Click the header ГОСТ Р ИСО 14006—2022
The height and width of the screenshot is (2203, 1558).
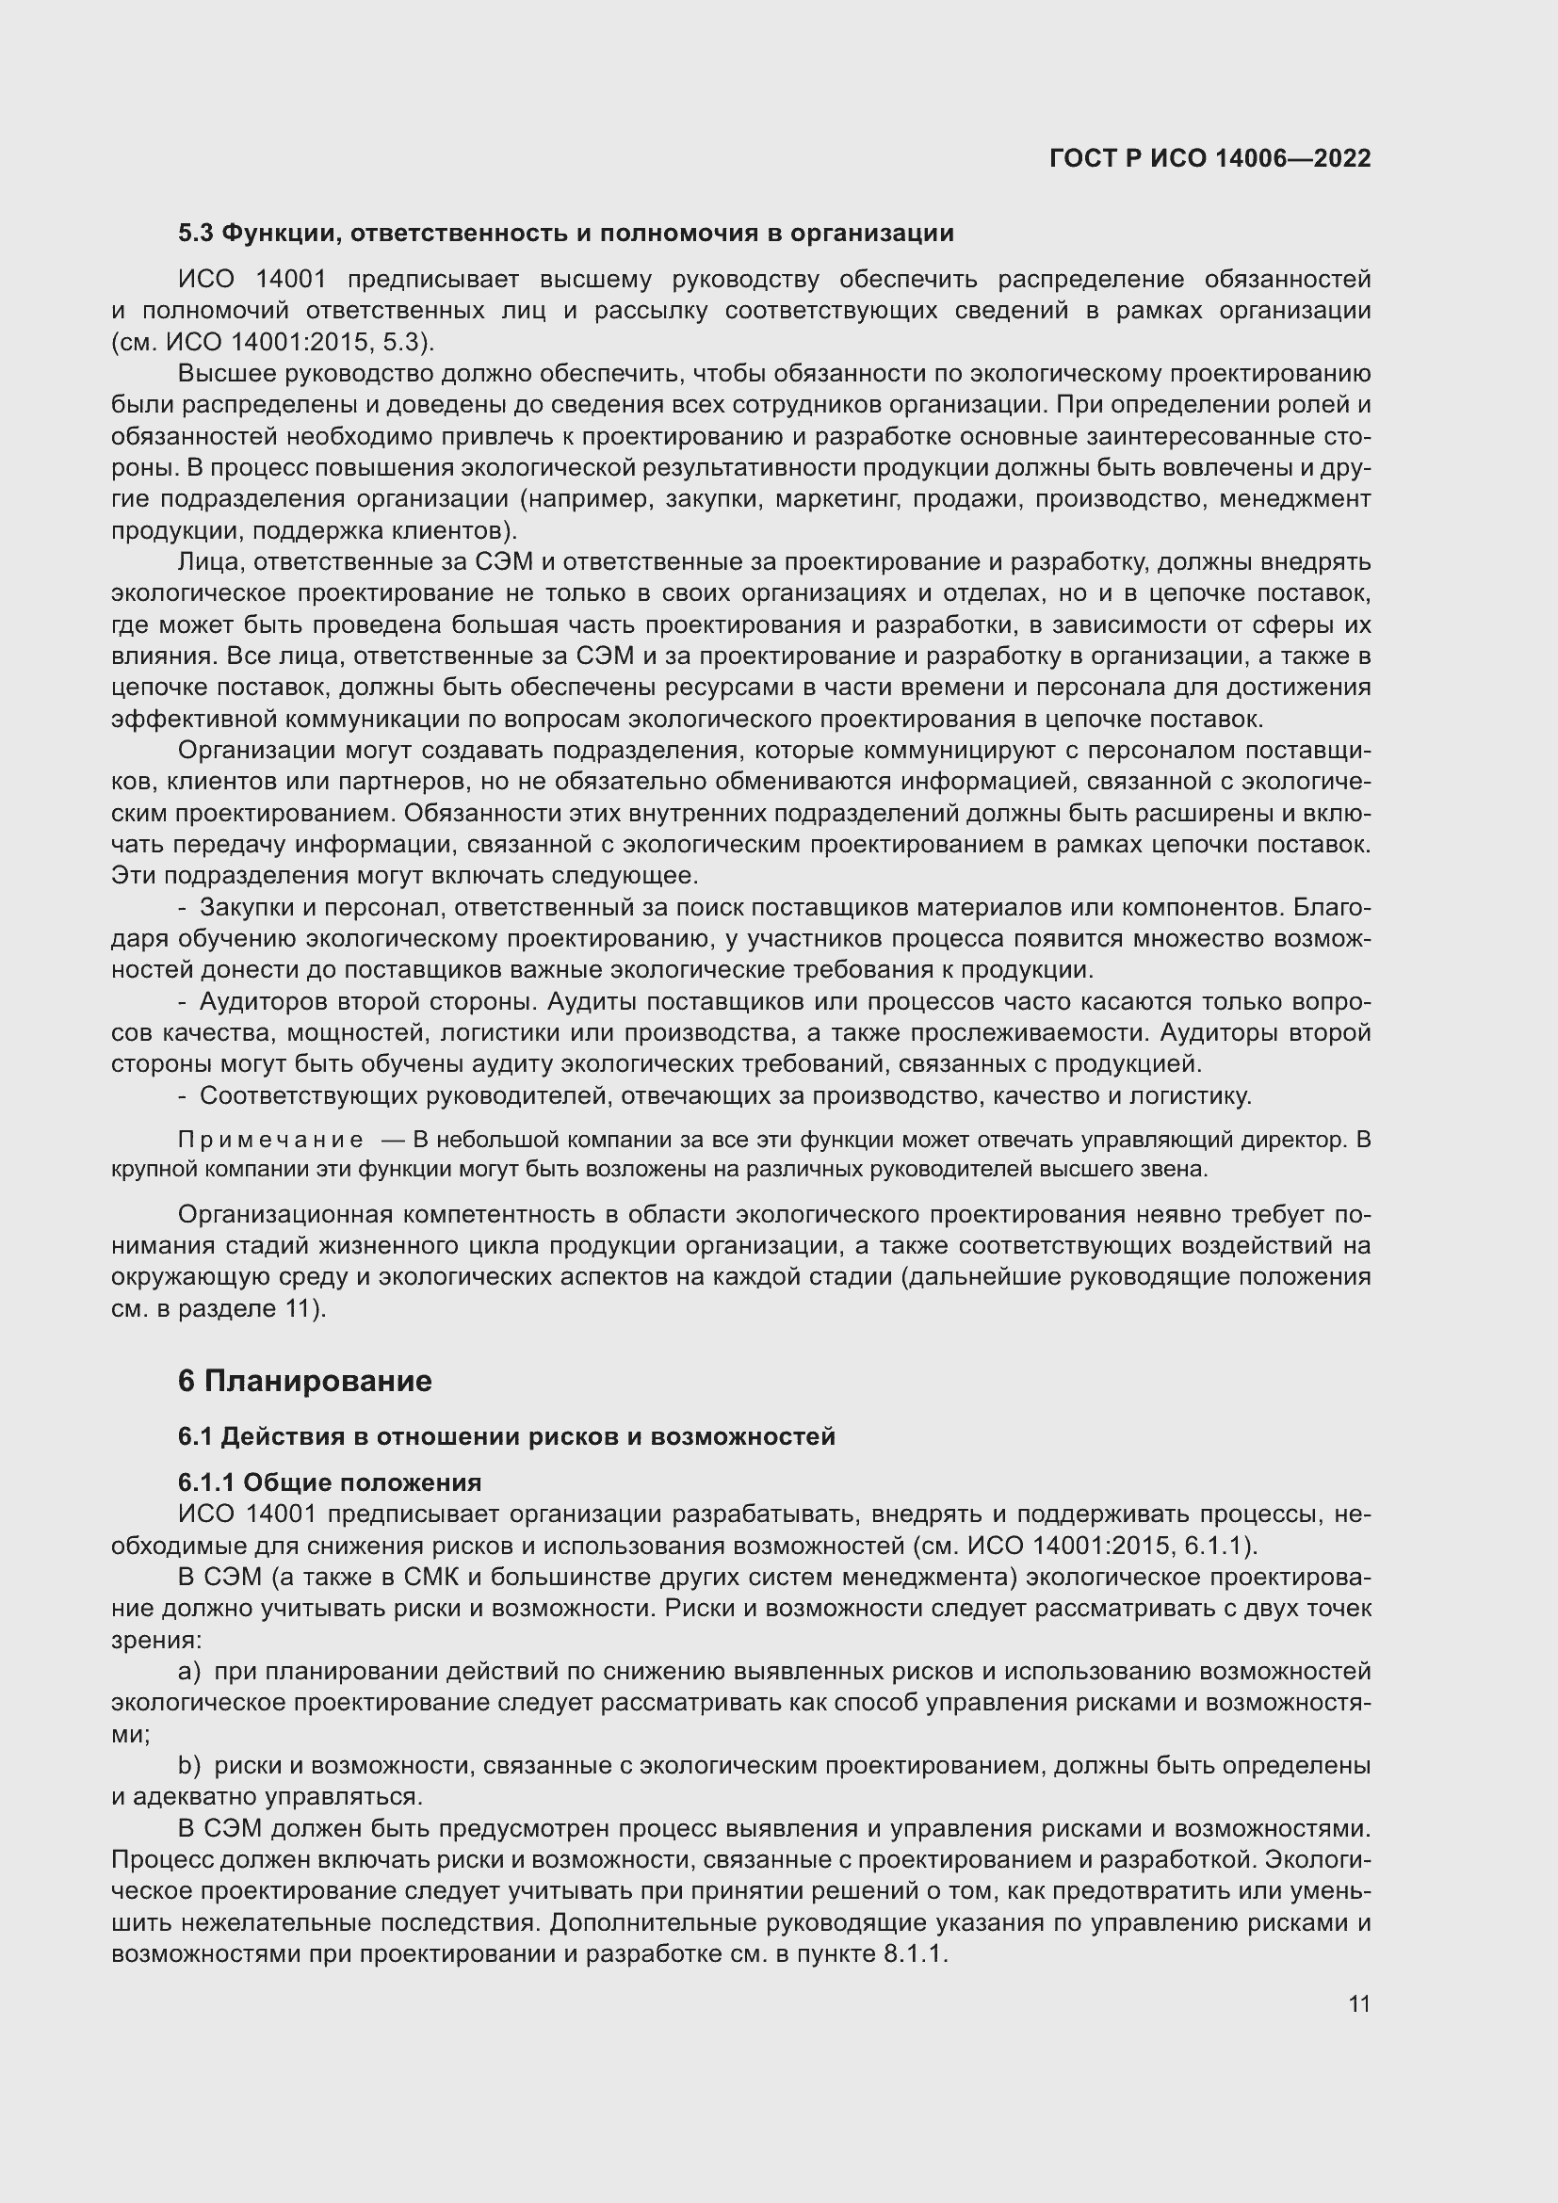click(x=1209, y=158)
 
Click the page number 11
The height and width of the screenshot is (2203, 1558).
click(x=1358, y=2003)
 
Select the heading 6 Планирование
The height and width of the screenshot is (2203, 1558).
click(x=304, y=1381)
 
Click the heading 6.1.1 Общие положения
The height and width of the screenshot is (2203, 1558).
click(x=329, y=1482)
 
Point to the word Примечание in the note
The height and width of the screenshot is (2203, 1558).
click(x=270, y=1140)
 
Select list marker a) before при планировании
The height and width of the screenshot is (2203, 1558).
click(x=189, y=1671)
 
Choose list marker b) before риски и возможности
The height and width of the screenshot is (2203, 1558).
click(x=189, y=1764)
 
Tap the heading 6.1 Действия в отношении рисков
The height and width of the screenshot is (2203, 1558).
click(x=507, y=1436)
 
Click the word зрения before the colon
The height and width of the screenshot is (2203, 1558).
click(x=149, y=1640)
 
